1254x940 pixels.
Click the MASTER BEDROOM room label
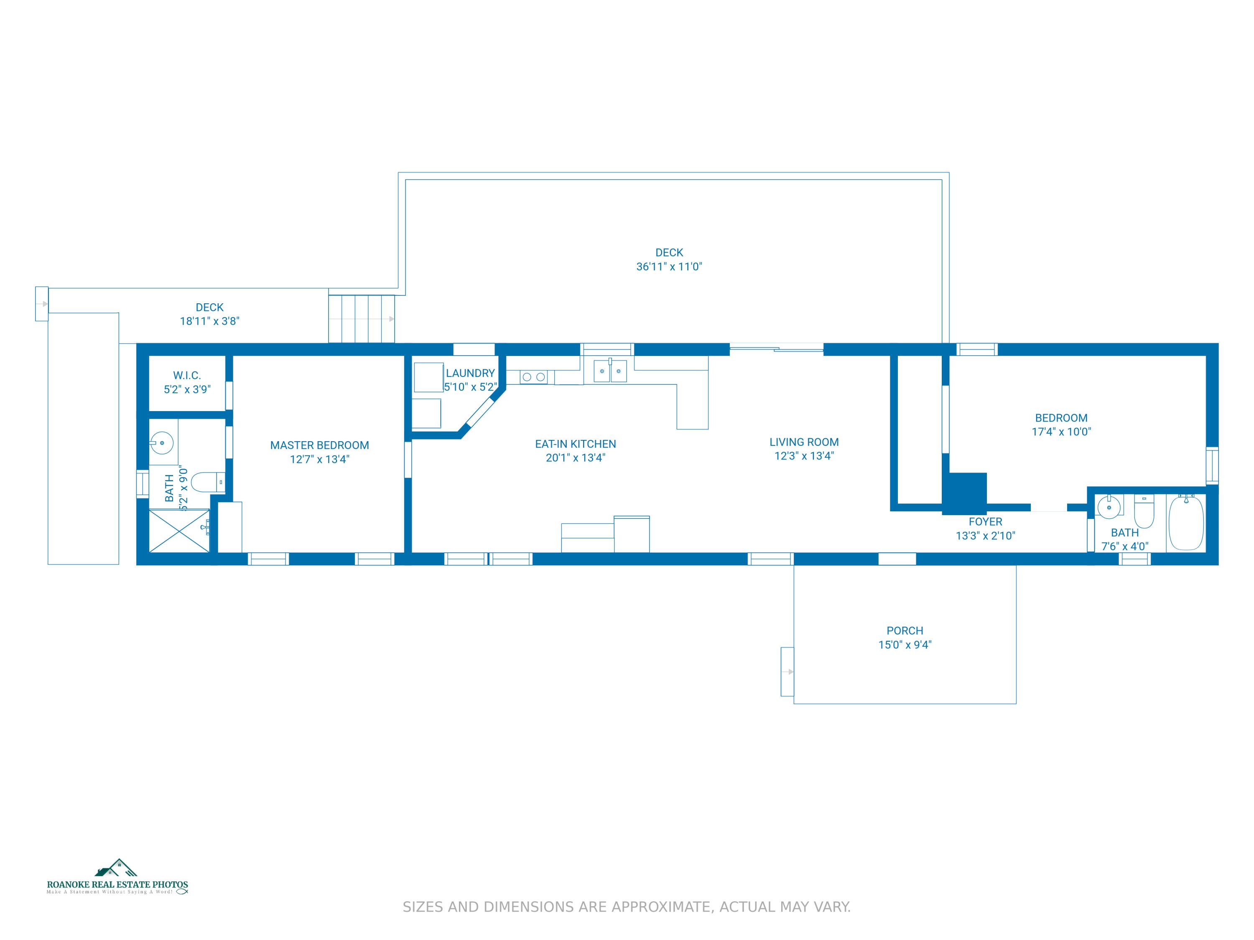pyautogui.click(x=319, y=445)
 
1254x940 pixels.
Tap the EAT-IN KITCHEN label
pyautogui.click(x=576, y=444)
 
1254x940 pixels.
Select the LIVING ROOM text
pyautogui.click(x=804, y=442)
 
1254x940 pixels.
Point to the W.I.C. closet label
pyautogui.click(x=187, y=376)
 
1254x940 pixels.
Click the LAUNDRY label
pyautogui.click(x=470, y=373)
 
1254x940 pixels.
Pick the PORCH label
pyautogui.click(x=905, y=630)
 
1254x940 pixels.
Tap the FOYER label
pyautogui.click(x=985, y=522)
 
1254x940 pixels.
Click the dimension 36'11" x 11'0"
pyautogui.click(x=669, y=267)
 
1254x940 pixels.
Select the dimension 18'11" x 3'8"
pyautogui.click(x=210, y=321)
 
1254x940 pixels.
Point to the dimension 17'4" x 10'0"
pyautogui.click(x=1061, y=432)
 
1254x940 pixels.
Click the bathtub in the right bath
pyautogui.click(x=1186, y=522)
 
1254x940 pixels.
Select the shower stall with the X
pyautogui.click(x=179, y=531)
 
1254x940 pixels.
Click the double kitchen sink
pyautogui.click(x=610, y=371)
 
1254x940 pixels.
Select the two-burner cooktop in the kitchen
pyautogui.click(x=533, y=377)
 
